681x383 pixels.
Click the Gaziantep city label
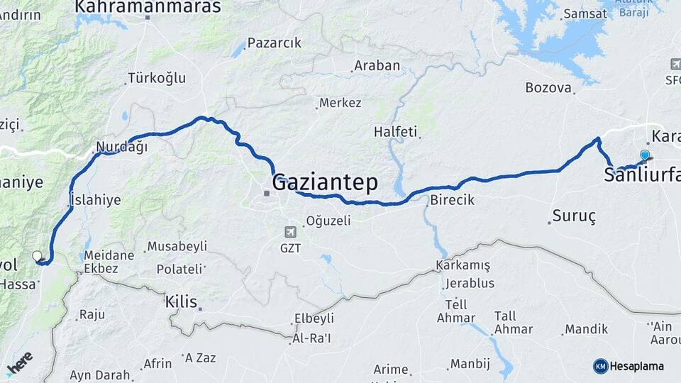[x=326, y=182]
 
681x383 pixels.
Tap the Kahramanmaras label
[x=148, y=7]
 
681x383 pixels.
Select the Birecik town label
[x=452, y=200]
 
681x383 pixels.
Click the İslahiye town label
[x=95, y=200]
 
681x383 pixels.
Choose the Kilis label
[x=179, y=301]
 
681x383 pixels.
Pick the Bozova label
[x=548, y=88]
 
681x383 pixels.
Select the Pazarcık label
[x=275, y=43]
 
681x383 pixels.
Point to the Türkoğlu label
[x=156, y=78]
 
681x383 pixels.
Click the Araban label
[x=377, y=66]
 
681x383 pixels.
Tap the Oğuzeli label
[x=328, y=221]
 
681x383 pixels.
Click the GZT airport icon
[x=290, y=232]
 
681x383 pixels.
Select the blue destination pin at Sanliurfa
[x=645, y=155]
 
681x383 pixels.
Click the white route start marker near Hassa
[x=37, y=256]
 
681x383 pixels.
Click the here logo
[x=19, y=362]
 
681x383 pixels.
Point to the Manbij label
[x=470, y=364]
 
